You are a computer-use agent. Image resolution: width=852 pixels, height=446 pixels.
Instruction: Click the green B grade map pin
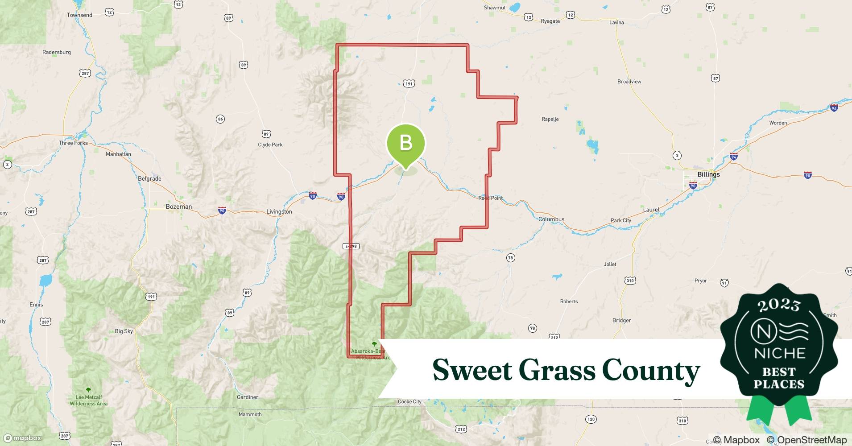(x=405, y=143)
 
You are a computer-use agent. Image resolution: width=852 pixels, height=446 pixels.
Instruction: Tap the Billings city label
(x=708, y=174)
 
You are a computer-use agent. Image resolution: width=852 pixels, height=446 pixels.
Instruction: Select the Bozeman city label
(x=178, y=206)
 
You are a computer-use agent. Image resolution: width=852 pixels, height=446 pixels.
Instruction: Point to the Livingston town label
(x=279, y=211)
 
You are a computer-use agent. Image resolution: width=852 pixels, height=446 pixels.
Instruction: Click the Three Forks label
(x=73, y=143)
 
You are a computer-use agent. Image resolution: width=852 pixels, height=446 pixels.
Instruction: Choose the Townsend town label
(x=79, y=15)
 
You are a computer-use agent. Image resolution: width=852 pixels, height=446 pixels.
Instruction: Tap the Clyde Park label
(x=270, y=145)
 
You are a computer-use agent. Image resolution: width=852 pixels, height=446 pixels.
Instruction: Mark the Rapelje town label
(x=550, y=119)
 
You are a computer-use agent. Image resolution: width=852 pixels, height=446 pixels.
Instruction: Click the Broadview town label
(x=629, y=82)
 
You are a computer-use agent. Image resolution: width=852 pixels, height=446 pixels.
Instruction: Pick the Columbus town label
(x=551, y=219)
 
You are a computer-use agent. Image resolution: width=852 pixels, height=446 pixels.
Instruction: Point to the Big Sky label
(x=124, y=331)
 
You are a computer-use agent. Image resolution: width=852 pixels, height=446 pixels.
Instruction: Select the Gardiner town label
(x=248, y=397)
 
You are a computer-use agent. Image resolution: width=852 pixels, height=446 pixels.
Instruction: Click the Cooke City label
(x=409, y=401)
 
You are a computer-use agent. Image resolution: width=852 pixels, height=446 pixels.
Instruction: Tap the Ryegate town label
(x=550, y=21)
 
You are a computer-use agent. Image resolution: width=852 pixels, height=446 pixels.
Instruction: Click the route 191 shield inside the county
(x=409, y=83)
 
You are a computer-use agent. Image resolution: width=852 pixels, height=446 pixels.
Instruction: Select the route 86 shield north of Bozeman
(x=220, y=119)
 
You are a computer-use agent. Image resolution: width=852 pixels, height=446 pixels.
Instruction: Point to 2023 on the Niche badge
(x=779, y=306)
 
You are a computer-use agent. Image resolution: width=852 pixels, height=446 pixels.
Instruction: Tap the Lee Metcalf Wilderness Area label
(x=88, y=400)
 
